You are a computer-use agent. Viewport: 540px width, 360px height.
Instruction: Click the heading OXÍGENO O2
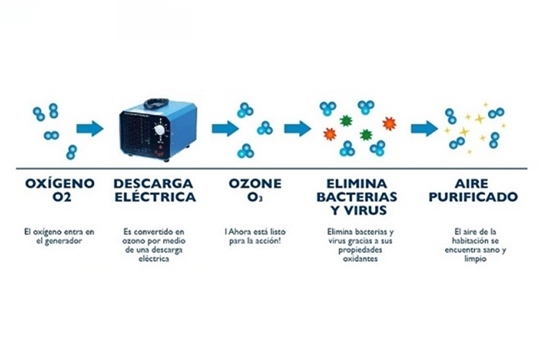point(60,190)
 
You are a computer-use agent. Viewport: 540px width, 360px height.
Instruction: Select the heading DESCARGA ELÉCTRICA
point(155,190)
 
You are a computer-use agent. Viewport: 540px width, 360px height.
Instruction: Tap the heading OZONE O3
point(255,190)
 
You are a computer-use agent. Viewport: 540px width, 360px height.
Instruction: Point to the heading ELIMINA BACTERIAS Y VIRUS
point(357,197)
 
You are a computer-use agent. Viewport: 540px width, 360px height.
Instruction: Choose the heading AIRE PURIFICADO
point(473,190)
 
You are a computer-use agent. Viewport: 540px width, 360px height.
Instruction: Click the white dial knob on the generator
point(159,130)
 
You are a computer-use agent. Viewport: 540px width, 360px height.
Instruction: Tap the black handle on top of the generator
point(157,103)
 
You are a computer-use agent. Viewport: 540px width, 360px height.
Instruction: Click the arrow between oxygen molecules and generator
point(90,129)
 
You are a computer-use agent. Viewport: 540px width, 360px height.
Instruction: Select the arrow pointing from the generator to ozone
point(225,129)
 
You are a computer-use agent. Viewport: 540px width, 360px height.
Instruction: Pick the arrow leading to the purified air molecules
point(424,129)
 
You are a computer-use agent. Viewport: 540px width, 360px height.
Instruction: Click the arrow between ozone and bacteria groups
point(298,129)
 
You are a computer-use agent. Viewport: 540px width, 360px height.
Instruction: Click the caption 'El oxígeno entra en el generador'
point(59,236)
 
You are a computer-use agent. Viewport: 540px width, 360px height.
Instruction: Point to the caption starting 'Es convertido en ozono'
point(154,245)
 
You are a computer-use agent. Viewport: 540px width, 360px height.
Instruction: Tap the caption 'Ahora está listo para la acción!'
point(255,236)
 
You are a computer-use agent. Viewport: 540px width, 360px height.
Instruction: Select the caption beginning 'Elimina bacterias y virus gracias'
point(360,245)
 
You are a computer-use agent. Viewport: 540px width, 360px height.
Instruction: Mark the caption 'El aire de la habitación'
point(475,245)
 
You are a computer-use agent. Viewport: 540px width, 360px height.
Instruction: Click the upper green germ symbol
point(346,121)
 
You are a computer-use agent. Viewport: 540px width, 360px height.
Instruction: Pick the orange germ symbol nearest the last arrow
point(389,123)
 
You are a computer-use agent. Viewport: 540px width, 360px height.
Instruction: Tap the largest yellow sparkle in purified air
point(480,119)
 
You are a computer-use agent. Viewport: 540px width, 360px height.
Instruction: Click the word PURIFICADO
point(473,197)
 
